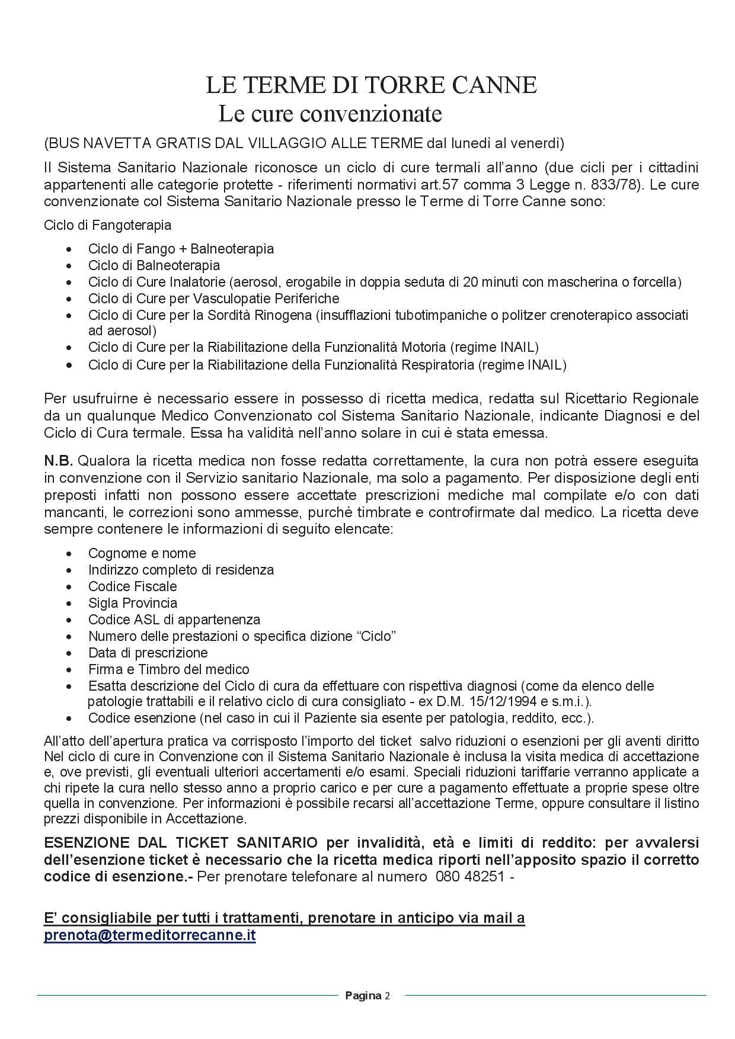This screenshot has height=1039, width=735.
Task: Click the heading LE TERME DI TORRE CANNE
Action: [x=371, y=85]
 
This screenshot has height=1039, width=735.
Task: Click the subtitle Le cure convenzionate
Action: [x=330, y=113]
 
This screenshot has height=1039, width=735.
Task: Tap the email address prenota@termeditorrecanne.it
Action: [x=149, y=935]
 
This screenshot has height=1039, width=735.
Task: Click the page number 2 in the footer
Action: [x=387, y=996]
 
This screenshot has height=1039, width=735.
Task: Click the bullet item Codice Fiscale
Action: [x=132, y=586]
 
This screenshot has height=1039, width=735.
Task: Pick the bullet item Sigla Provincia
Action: [x=132, y=603]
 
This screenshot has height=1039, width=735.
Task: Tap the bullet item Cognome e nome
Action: [x=142, y=553]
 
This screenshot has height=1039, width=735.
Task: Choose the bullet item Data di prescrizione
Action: [x=148, y=653]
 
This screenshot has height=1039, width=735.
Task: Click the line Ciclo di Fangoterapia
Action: [x=107, y=225]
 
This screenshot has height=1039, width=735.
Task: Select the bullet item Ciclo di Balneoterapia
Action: [x=154, y=265]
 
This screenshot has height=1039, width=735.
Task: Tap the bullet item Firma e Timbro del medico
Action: [x=168, y=669]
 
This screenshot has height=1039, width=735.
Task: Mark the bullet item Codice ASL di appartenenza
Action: [x=174, y=620]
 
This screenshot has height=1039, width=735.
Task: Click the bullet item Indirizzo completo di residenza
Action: [x=181, y=570]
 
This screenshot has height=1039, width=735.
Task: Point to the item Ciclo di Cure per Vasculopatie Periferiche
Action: [x=213, y=299]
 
